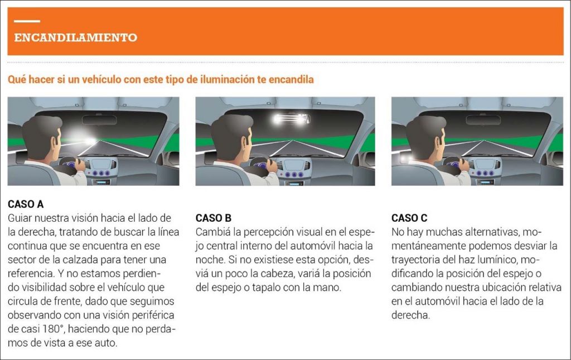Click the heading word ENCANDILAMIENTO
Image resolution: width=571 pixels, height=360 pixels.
point(76,38)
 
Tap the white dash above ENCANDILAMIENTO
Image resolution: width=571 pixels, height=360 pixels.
point(27,21)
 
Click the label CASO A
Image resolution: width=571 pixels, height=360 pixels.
point(26,205)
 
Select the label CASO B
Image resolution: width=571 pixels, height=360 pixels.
point(213,218)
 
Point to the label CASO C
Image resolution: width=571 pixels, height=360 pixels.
point(409,218)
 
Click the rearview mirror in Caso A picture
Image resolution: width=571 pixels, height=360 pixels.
point(99,119)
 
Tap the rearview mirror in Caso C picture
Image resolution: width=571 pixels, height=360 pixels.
point(483,119)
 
